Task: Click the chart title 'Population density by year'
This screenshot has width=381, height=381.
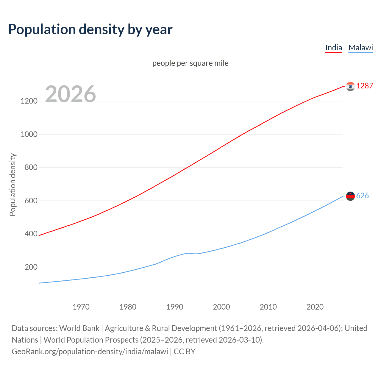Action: [90, 29]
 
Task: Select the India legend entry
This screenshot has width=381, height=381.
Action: [334, 48]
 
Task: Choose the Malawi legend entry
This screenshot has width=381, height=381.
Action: [360, 48]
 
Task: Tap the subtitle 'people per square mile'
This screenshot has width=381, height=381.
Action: [190, 63]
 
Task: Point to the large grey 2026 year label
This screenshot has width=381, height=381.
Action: [71, 94]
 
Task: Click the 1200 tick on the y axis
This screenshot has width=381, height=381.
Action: [29, 101]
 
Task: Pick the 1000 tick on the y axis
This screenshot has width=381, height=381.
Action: [29, 134]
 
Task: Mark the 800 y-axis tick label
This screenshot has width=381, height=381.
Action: [31, 167]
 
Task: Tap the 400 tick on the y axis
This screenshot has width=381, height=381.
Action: [31, 234]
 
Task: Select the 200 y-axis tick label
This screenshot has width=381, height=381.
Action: [31, 267]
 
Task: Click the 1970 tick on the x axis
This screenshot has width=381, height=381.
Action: [81, 307]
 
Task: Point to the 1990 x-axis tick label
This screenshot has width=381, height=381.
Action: [175, 307]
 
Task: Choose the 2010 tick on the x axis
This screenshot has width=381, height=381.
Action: [268, 307]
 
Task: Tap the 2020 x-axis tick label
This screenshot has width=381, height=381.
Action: [315, 307]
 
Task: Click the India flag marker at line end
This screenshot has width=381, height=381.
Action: [350, 86]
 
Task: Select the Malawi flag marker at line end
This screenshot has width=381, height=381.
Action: [350, 196]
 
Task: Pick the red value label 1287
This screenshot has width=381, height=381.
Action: [365, 86]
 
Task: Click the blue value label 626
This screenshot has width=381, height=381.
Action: [362, 196]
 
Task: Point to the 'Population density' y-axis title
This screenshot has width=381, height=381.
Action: [13, 185]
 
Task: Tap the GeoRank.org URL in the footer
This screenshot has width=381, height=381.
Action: [90, 352]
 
